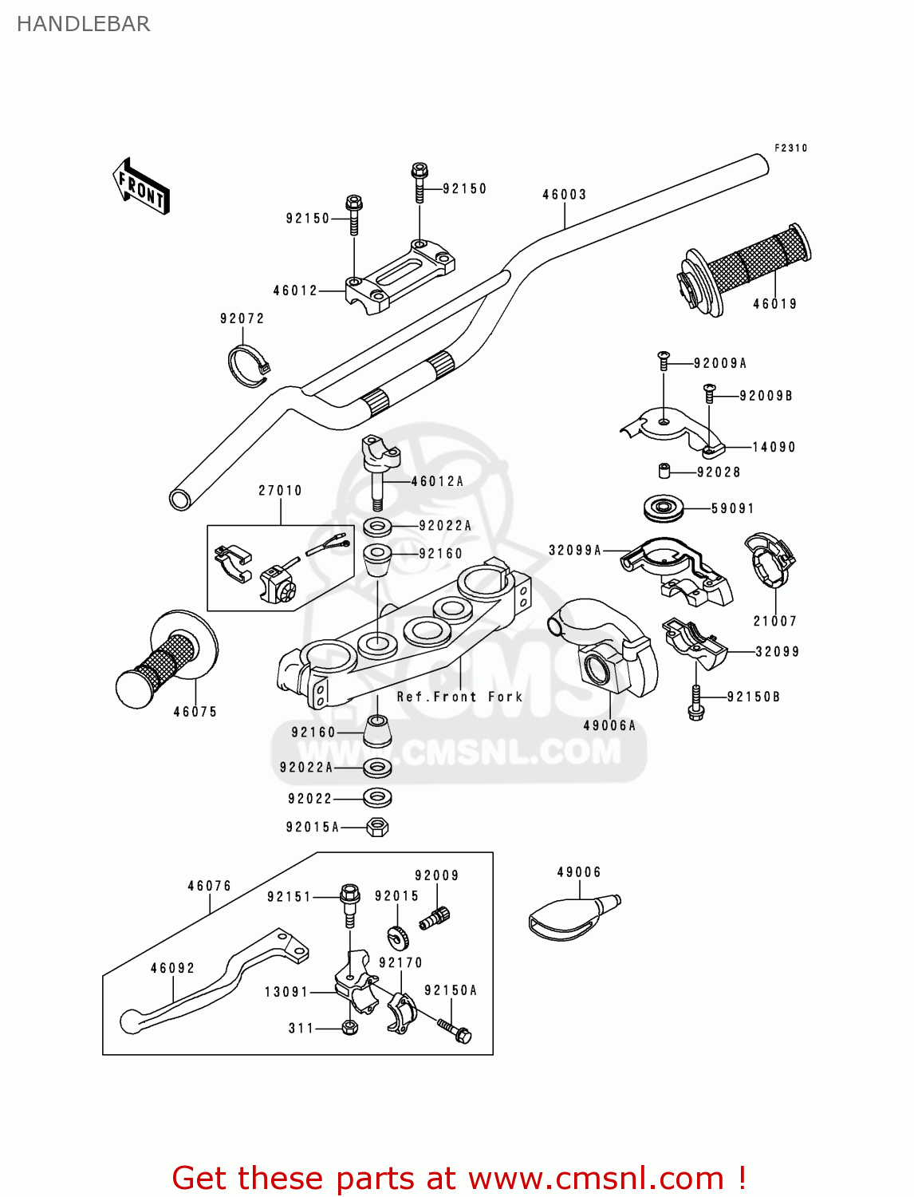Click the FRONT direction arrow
141,186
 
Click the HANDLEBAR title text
83,24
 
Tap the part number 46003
564,195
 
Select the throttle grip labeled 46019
746,267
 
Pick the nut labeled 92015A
377,827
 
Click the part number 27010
280,491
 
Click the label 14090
774,448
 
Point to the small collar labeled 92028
664,471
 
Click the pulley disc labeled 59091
664,508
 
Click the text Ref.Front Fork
459,697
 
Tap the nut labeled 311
349,1027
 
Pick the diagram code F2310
790,148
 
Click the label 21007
774,621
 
